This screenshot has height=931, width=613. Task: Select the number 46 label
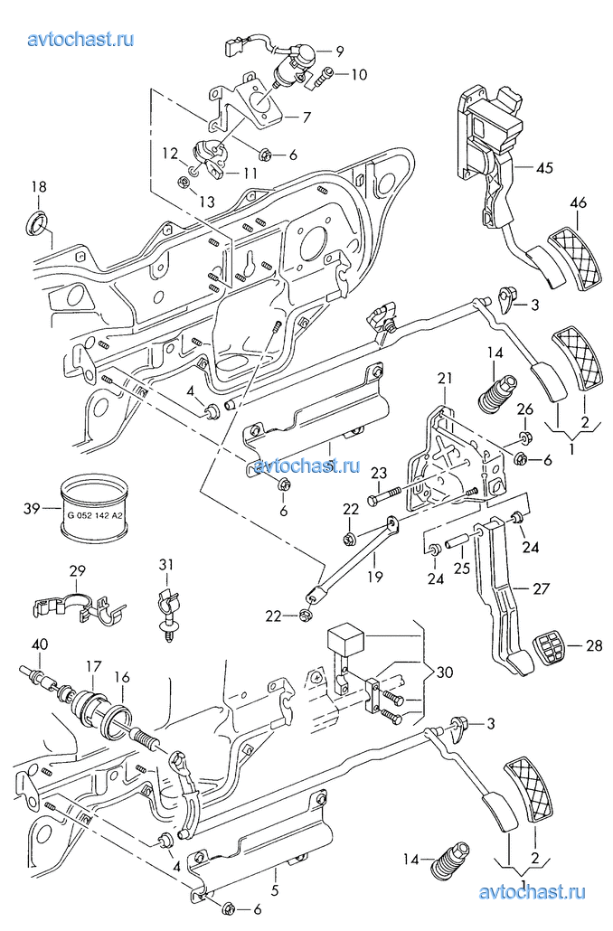577,203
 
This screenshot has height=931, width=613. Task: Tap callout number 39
31,509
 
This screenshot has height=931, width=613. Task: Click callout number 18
38,187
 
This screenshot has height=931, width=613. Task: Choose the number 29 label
77,570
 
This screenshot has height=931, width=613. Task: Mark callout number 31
165,565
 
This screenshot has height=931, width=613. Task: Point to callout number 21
444,377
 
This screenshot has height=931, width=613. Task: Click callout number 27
541,589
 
